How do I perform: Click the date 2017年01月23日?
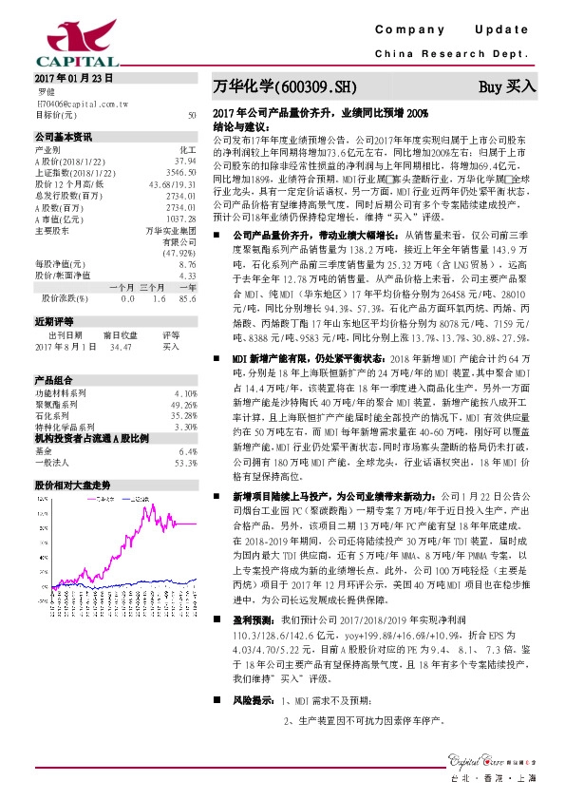(x=73, y=76)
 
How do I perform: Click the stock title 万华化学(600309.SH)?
(x=284, y=86)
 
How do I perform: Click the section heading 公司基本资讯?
(x=64, y=135)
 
